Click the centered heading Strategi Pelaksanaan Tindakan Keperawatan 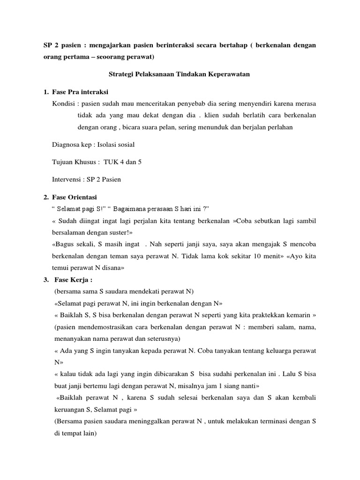pyautogui.click(x=180, y=75)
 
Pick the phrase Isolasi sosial pyautogui.click(x=116, y=145)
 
